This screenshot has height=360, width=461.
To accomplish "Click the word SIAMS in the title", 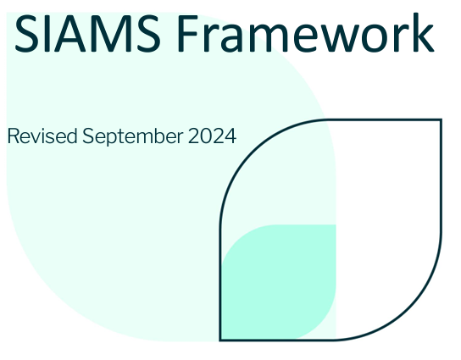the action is pos(87,33).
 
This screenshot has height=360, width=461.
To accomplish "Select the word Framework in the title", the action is pos(306,33).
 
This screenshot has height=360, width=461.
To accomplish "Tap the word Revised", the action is pos(42,136).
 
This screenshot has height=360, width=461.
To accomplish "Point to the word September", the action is pos(132,137).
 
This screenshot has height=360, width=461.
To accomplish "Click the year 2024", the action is pos(212,136).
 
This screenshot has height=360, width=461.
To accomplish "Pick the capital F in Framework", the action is pos(187,33).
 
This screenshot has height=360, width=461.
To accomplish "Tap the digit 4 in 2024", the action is pos(230,136).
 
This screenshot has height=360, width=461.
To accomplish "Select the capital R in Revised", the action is pos(14,136).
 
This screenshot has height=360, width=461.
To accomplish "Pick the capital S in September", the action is pos(88,136).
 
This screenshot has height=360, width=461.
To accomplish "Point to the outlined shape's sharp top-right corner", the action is pos(441,120).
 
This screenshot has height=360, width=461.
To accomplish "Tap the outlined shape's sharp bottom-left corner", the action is pos(220,340).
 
